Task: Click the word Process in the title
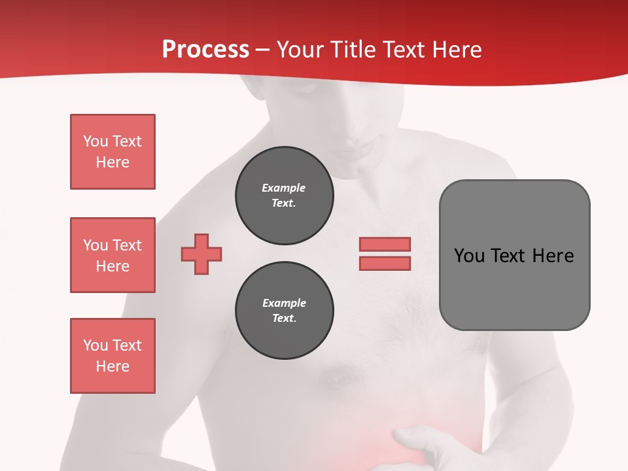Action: [205, 50]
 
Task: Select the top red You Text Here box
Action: [113, 152]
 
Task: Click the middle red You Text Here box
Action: [113, 255]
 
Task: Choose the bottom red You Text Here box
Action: [113, 356]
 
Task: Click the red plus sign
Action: [201, 254]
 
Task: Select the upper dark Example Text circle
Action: [284, 196]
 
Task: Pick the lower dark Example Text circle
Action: [284, 311]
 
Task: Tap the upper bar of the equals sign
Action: [385, 244]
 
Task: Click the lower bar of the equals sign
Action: [385, 263]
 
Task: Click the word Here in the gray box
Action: [553, 256]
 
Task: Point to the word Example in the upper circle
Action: [283, 188]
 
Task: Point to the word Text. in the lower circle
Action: [284, 319]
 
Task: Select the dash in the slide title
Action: [263, 50]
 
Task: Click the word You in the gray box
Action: [470, 256]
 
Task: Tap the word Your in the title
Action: [300, 50]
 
